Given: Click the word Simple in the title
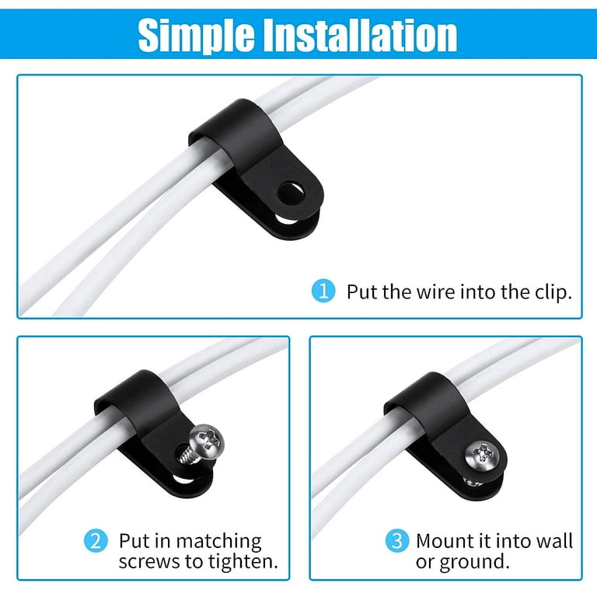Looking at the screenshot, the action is [x=196, y=36].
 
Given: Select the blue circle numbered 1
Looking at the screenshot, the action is [x=323, y=292].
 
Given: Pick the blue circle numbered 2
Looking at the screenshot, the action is [x=96, y=541].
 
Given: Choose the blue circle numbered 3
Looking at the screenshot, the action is [x=396, y=541].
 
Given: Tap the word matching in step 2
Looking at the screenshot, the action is [x=218, y=542].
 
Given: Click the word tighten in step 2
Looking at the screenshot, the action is [x=243, y=562].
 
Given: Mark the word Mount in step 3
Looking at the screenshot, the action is [x=443, y=541].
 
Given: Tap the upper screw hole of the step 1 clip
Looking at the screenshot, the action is [x=291, y=193].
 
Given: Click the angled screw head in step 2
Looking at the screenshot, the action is [x=207, y=442].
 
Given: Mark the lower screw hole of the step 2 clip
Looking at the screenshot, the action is [x=183, y=478].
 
